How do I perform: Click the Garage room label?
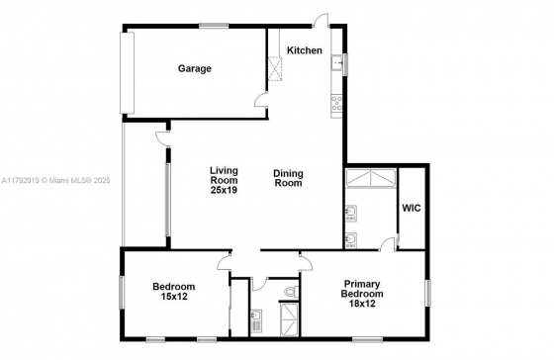pos(194,68)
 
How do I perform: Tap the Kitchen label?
pos(305,50)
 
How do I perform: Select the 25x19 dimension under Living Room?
pos(224,190)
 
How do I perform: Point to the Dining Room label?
pos(288,178)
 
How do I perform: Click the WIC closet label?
pos(412,208)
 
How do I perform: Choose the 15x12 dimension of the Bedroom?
pos(174,296)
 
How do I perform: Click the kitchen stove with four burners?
pos(336,103)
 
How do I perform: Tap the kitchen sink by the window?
pos(336,63)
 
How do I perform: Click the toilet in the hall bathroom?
pos(292,292)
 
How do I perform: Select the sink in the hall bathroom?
pos(256,316)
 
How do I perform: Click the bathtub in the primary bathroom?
pos(371,178)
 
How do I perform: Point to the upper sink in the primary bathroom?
pos(351,213)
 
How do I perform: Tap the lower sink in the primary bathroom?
pos(351,240)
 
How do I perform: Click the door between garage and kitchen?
pos(261,99)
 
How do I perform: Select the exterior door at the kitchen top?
pos(321,20)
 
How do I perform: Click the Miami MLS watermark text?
pos(55,181)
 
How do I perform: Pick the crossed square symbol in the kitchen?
pos(275,68)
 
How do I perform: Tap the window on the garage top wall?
pos(214,25)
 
